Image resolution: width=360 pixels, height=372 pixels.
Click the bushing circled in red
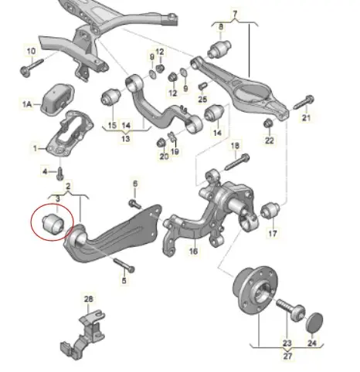point(53,223)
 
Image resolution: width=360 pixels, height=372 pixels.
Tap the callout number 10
point(31,51)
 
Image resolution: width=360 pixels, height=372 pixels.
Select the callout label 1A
point(27,104)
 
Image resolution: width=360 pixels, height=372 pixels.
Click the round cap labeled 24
point(314,322)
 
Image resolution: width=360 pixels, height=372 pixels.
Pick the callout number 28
point(88,299)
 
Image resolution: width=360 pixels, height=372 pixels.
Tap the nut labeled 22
point(268,123)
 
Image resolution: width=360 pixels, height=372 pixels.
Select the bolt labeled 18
point(237,161)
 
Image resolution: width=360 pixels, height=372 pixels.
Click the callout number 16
point(193,251)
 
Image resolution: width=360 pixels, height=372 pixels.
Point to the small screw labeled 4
point(60,174)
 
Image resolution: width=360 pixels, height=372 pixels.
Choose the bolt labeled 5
point(124,265)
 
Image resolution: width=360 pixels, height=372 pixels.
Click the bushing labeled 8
point(219,49)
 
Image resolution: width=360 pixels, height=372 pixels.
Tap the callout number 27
point(287,356)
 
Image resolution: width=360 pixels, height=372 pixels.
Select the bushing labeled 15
point(111,97)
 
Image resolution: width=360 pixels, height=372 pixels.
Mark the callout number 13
point(125,139)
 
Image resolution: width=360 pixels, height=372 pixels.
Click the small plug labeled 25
point(203,86)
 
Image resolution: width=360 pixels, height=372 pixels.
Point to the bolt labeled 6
point(135,204)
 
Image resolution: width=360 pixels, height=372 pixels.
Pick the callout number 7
point(235,13)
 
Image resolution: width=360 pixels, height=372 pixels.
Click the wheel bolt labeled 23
point(291,309)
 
